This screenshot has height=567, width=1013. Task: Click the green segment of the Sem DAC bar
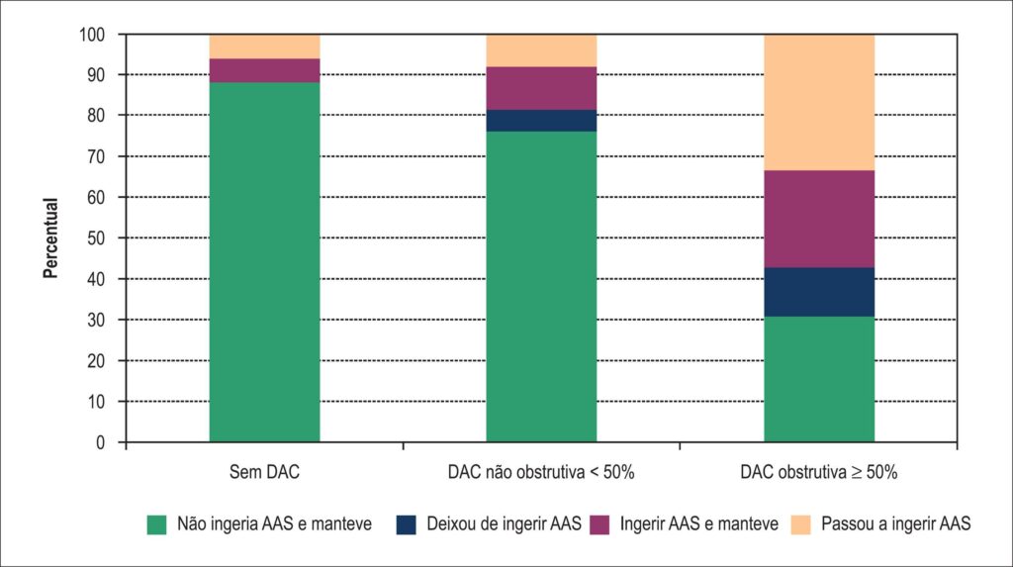click(264, 262)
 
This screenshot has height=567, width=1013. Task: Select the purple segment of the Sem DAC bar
click(264, 70)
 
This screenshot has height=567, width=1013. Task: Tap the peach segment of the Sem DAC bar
click(264, 47)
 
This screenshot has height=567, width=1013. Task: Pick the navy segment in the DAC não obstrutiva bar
click(541, 121)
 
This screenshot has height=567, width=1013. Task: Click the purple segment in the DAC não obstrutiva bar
click(541, 88)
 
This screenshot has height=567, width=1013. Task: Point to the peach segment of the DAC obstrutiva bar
click(819, 102)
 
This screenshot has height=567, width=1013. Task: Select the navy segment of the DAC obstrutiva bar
click(819, 292)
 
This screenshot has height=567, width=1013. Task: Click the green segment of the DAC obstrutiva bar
click(819, 379)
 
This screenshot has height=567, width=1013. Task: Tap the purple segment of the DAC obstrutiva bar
click(819, 219)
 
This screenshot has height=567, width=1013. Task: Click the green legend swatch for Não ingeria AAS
click(157, 524)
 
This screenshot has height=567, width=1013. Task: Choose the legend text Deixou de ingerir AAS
click(504, 523)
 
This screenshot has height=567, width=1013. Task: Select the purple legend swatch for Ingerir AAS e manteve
click(599, 524)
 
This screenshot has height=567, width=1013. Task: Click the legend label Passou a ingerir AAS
click(896, 523)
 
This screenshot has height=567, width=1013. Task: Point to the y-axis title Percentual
click(50, 237)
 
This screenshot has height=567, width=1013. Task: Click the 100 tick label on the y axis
click(92, 35)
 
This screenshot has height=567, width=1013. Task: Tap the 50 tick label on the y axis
click(96, 238)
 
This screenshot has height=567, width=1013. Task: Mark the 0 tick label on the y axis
click(100, 443)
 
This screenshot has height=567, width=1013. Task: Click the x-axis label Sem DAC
click(264, 472)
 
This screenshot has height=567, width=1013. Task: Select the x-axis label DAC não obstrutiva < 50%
click(541, 472)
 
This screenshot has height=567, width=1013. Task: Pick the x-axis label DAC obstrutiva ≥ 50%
click(819, 472)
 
